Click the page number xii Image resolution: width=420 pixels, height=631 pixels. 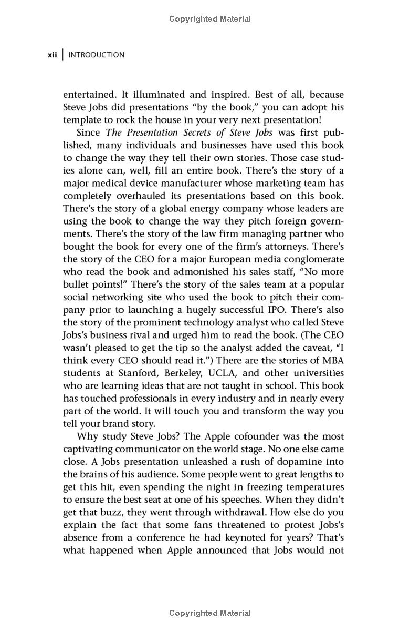click(x=52, y=55)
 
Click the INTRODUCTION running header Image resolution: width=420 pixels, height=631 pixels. click(x=97, y=55)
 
